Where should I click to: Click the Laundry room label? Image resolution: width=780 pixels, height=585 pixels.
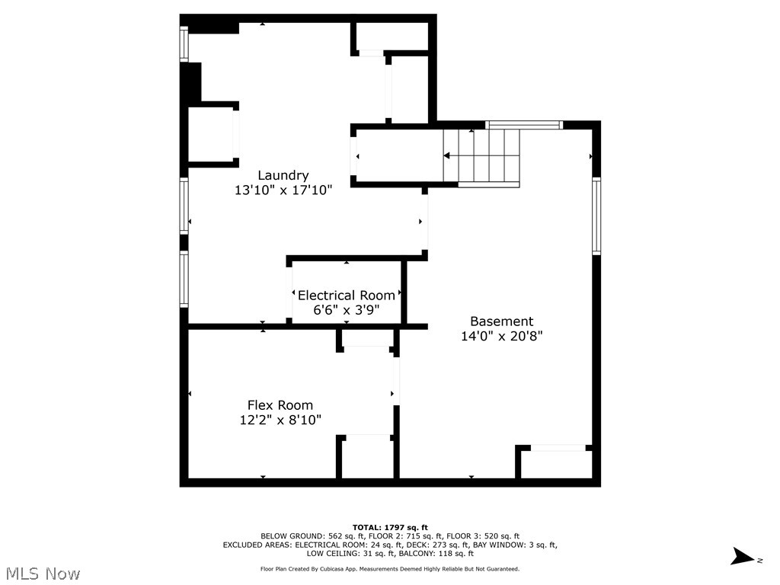283,175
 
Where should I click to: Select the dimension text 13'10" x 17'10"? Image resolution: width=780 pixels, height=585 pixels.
283,190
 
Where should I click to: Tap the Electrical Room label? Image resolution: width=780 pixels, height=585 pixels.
347,296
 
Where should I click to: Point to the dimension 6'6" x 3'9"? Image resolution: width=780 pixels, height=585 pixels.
347,310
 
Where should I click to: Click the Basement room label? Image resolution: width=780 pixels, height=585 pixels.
501,321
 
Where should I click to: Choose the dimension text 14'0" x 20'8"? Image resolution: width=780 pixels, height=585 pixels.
501,336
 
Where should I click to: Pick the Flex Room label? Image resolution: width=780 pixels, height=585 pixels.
280,405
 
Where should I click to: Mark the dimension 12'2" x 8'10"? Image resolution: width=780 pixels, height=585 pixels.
280,420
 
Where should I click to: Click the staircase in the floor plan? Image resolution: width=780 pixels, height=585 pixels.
481,156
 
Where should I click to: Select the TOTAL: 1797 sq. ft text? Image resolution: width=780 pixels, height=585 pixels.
390,527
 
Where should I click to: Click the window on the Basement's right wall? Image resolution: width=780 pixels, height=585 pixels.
596,215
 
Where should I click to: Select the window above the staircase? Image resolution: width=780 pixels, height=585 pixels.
523,125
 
